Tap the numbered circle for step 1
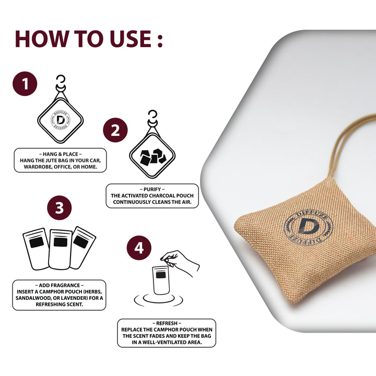25,84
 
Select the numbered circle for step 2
115,130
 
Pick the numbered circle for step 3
60,208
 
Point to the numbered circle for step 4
139,248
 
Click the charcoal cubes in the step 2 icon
152,157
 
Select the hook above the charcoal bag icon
152,118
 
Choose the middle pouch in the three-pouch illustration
61,250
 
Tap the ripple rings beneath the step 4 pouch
159,300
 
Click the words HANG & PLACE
61,154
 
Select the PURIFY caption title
152,190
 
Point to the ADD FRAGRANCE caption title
60,285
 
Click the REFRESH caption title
167,323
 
